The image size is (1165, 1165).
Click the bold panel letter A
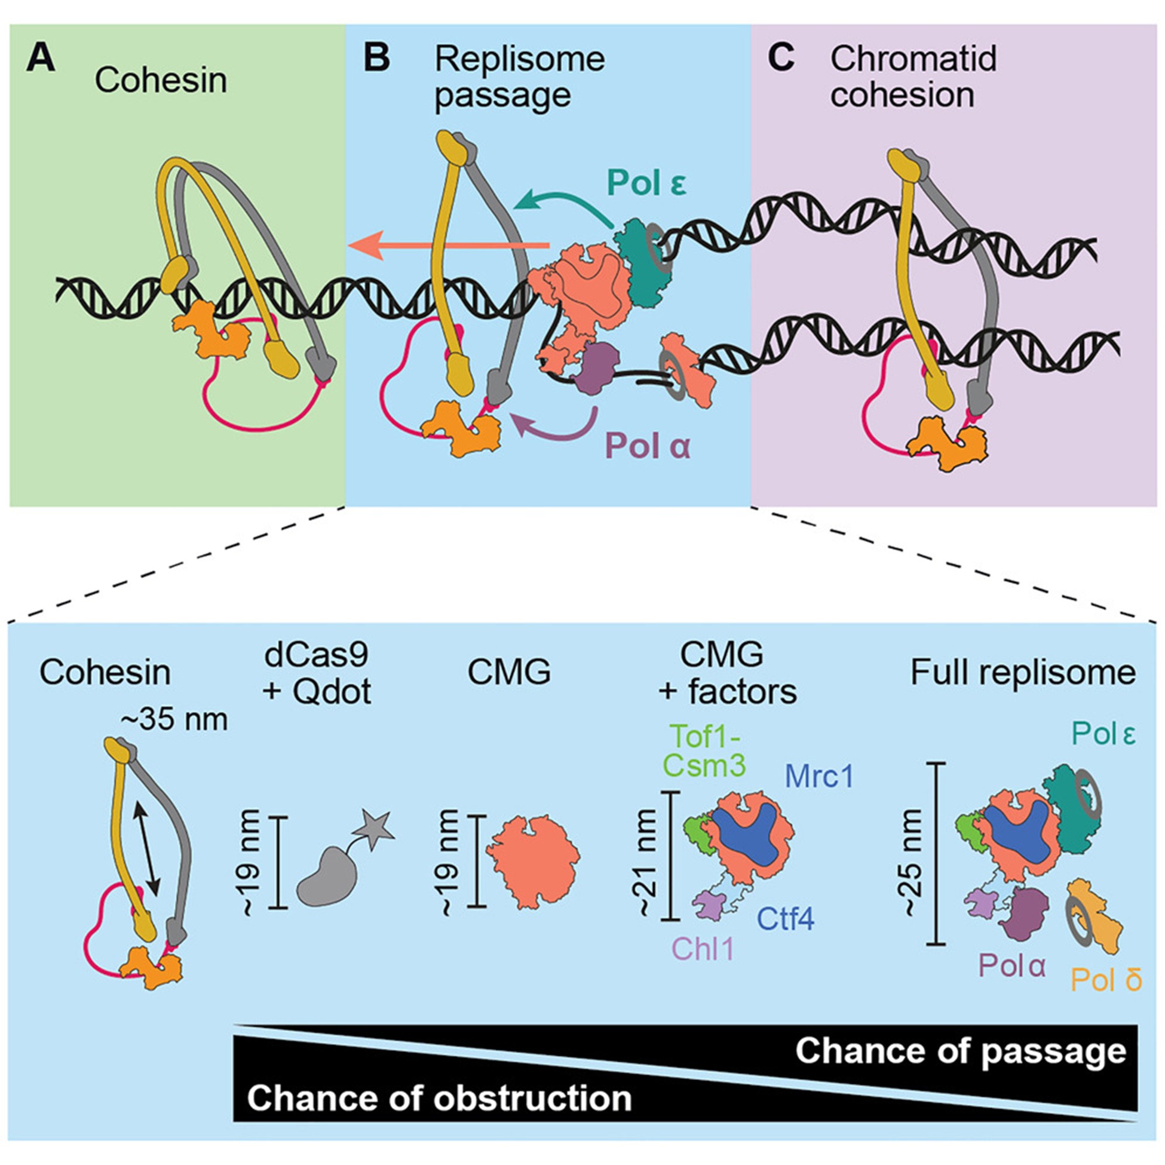point(41,60)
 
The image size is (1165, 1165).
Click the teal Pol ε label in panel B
point(647,183)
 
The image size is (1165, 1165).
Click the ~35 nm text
point(174,720)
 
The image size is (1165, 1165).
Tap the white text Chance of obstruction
point(439,1098)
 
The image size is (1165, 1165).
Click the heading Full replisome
point(1023,672)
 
